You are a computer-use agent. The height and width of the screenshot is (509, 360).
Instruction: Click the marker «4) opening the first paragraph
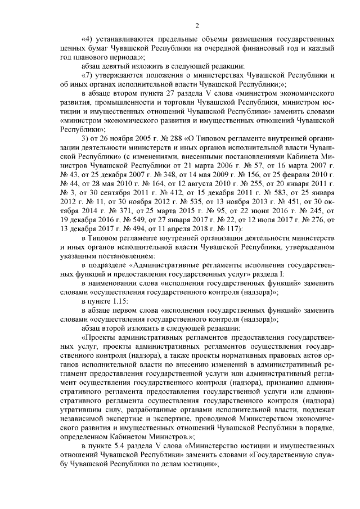tap(88, 40)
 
